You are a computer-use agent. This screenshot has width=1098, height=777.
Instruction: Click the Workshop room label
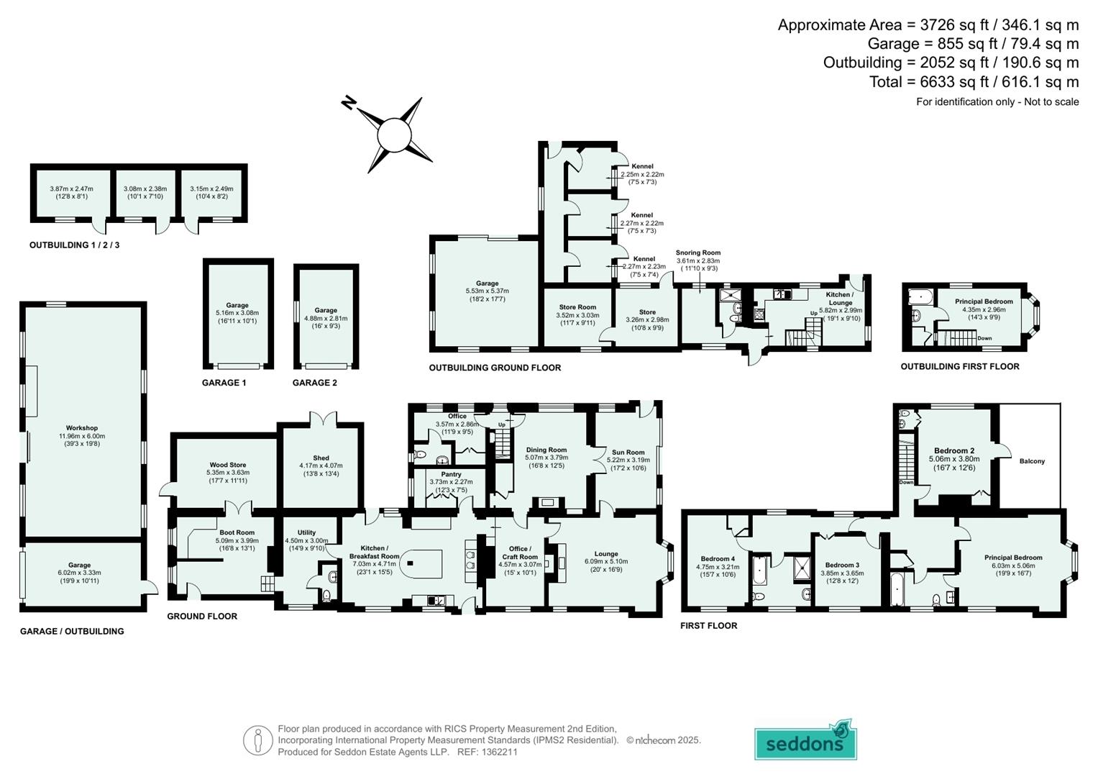[81, 428]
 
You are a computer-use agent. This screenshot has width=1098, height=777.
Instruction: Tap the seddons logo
[805, 742]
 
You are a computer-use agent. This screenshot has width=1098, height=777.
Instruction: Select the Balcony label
[1031, 461]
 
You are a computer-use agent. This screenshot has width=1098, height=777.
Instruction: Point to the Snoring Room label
[697, 253]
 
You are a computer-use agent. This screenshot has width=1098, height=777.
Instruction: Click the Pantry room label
[451, 475]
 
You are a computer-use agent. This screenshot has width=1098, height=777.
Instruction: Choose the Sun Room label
[628, 453]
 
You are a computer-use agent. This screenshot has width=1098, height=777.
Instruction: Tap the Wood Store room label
[228, 465]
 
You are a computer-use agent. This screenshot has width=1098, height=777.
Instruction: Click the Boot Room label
[237, 533]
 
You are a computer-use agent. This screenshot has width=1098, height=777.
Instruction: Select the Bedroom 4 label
[717, 559]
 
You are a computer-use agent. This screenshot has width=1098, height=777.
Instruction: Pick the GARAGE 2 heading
[314, 383]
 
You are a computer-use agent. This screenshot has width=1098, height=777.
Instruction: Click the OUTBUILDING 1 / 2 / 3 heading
[74, 245]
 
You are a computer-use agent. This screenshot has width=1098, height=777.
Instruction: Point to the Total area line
[974, 82]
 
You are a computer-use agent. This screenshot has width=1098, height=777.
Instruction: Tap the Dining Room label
[546, 450]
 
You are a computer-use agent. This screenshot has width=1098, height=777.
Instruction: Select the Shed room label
[321, 458]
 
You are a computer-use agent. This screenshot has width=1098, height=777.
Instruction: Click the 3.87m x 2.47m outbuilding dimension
[71, 188]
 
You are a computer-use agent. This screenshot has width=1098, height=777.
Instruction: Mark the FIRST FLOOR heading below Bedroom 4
[708, 626]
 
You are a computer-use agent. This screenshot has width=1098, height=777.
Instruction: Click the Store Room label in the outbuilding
[577, 307]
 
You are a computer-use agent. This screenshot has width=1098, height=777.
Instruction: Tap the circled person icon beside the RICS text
[257, 740]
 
